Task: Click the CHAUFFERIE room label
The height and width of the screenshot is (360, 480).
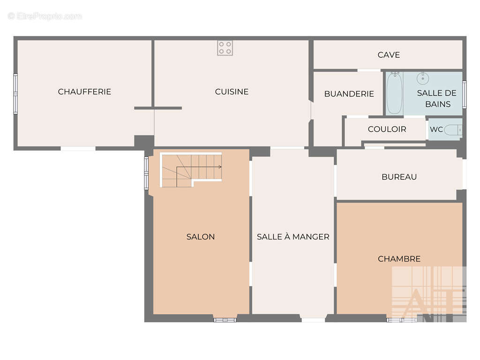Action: click(84, 91)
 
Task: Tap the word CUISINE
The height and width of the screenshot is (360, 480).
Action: click(232, 91)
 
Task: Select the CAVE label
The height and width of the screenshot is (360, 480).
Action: click(389, 55)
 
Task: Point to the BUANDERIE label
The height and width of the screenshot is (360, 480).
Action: click(349, 94)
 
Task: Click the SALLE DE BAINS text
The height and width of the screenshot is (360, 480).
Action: click(437, 98)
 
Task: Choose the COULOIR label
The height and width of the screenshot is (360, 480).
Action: click(387, 129)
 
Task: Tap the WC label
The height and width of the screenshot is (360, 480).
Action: click(436, 129)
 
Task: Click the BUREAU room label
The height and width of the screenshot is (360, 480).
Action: click(399, 177)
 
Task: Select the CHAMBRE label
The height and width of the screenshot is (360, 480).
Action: click(399, 259)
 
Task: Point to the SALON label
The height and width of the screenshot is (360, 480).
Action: click(201, 237)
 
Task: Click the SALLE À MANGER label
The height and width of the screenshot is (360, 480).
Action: click(293, 237)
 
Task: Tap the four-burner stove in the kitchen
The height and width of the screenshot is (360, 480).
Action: click(225, 48)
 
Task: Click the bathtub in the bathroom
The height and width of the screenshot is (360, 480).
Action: click(394, 93)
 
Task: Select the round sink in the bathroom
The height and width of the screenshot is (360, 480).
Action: click(423, 78)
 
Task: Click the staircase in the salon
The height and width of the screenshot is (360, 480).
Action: click(192, 170)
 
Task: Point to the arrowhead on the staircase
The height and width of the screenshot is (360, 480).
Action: click(220, 167)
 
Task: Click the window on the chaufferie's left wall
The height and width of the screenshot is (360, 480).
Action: click(15, 94)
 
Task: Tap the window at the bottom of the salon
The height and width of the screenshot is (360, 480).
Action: click(225, 320)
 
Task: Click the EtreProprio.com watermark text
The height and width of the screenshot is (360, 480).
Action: click(45, 16)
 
